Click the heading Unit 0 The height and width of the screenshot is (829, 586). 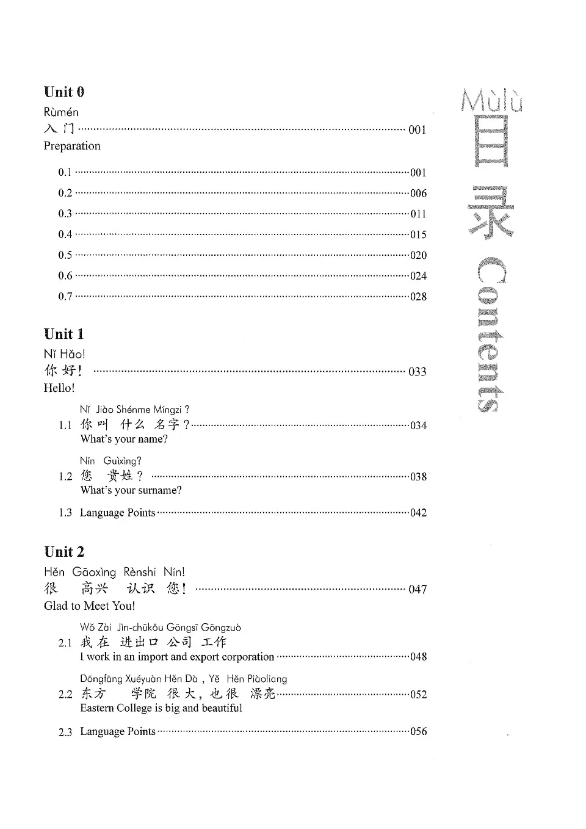pyautogui.click(x=64, y=92)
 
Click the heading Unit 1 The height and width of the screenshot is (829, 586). pyautogui.click(x=64, y=334)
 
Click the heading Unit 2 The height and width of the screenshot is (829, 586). pyautogui.click(x=64, y=552)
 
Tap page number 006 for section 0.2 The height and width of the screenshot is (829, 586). pyautogui.click(x=418, y=194)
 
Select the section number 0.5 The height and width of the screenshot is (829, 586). pyautogui.click(x=65, y=255)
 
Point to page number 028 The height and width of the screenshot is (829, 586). pyautogui.click(x=418, y=297)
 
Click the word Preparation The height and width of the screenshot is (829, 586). pyautogui.click(x=72, y=146)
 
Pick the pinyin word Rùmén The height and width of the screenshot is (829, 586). pyautogui.click(x=61, y=112)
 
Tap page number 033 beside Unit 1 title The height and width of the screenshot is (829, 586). pyautogui.click(x=418, y=372)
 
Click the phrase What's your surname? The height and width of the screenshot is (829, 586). pyautogui.click(x=131, y=490)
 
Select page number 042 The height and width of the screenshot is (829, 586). pyautogui.click(x=418, y=513)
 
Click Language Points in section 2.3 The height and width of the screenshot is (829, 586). pyautogui.click(x=118, y=731)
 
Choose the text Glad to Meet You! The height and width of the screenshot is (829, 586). pyautogui.click(x=90, y=606)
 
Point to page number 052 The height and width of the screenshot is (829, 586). pyautogui.click(x=418, y=695)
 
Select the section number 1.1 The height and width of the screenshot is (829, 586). pyautogui.click(x=65, y=425)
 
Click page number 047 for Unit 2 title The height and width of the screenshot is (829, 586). pyautogui.click(x=418, y=590)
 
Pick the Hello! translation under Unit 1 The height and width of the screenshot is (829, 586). pyautogui.click(x=59, y=388)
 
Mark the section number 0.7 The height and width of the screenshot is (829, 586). pyautogui.click(x=65, y=297)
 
